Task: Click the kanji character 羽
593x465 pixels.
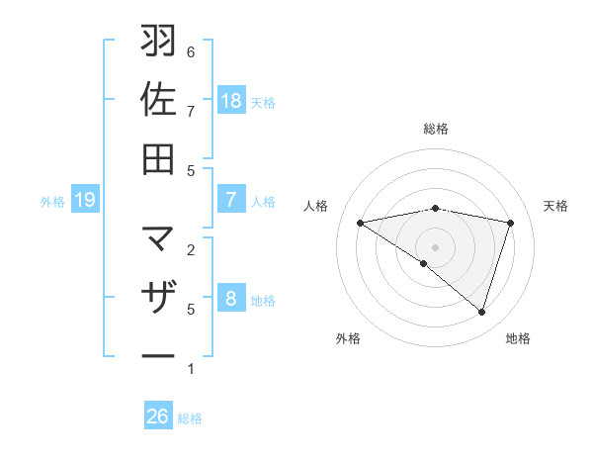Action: coord(158,43)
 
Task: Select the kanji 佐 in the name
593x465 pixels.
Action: coord(158,100)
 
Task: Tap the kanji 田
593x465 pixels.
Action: coord(158,158)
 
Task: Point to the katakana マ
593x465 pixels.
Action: coord(158,239)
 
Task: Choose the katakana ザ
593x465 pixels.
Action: coord(158,298)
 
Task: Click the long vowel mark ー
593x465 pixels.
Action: coord(158,354)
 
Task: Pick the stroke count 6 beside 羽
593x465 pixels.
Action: coord(191,51)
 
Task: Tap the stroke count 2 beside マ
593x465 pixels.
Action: coord(191,249)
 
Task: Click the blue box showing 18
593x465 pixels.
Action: coord(231,101)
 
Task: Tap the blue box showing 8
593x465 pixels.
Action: coord(231,300)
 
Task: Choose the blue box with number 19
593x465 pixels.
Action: coord(85,201)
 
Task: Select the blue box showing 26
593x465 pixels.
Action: coord(158,418)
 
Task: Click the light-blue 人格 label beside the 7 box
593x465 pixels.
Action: coord(263,201)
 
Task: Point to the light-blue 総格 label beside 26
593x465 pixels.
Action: coord(190,418)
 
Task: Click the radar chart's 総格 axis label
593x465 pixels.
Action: coord(435,129)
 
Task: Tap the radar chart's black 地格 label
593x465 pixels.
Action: coord(518,339)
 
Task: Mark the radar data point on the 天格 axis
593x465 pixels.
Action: coord(511,223)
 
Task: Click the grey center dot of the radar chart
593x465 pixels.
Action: coord(435,246)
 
